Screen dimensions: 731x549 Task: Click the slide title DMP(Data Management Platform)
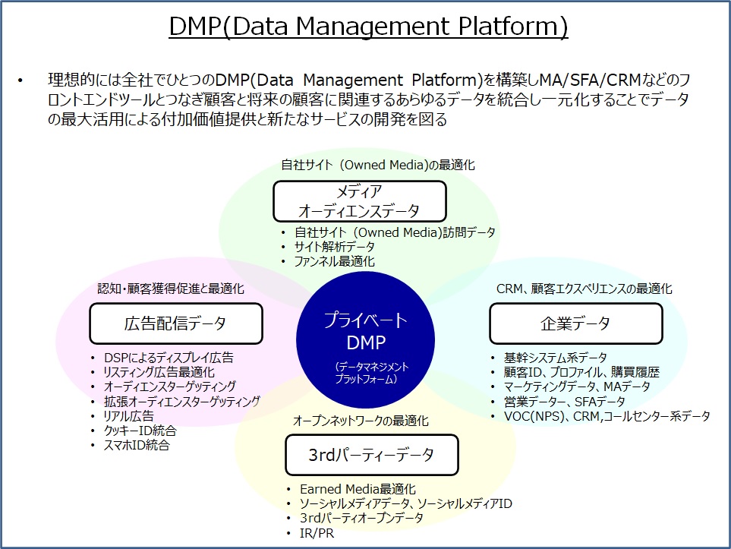click(368, 26)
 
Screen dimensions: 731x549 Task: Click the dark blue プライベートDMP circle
click(366, 340)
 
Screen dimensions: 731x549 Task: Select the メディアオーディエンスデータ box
click(360, 201)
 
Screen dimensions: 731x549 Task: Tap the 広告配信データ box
click(176, 323)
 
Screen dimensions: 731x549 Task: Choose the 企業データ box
click(575, 323)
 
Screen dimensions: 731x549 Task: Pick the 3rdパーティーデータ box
click(371, 455)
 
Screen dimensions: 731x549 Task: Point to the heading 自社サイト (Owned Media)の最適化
click(378, 165)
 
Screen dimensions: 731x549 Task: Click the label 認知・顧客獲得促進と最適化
click(171, 289)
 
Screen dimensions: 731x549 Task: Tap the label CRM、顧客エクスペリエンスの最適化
click(584, 289)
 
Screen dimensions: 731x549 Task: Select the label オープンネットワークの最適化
click(361, 421)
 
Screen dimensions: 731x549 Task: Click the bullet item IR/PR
click(317, 533)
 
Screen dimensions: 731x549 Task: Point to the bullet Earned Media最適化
click(358, 489)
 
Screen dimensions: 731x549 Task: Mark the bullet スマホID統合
click(137, 445)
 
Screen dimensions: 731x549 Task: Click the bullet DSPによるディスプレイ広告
click(169, 358)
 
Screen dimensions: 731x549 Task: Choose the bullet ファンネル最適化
click(334, 261)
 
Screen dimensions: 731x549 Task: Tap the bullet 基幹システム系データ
click(555, 358)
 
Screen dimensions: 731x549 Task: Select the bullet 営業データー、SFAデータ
click(564, 402)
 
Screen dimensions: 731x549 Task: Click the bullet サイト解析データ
click(334, 247)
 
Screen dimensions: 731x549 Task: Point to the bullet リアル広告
click(129, 416)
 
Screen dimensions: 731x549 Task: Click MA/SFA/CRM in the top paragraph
click(591, 80)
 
